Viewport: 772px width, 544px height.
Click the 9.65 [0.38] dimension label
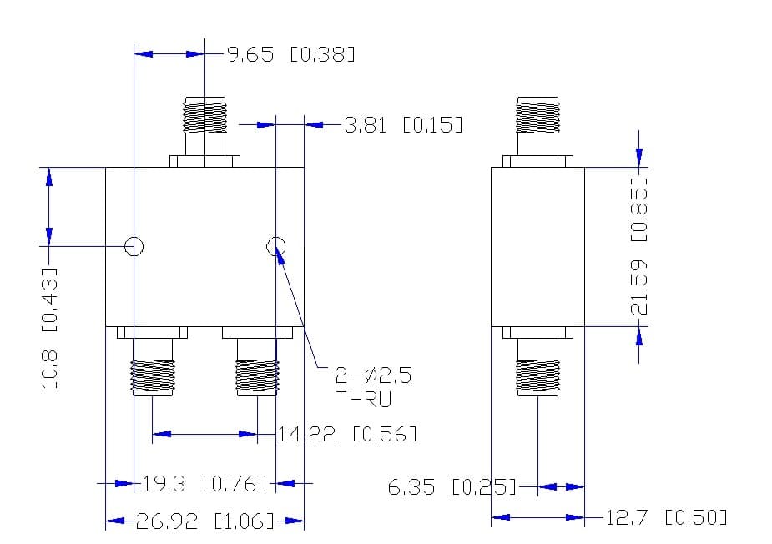(291, 53)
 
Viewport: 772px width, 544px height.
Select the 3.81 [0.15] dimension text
(404, 125)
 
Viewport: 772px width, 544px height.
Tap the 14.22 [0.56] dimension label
(347, 434)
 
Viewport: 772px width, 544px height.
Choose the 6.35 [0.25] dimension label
(452, 487)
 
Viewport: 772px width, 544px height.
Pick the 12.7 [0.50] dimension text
(666, 517)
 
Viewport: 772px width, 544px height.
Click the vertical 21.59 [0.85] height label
(639, 245)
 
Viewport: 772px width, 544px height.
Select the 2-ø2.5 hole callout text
(373, 375)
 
